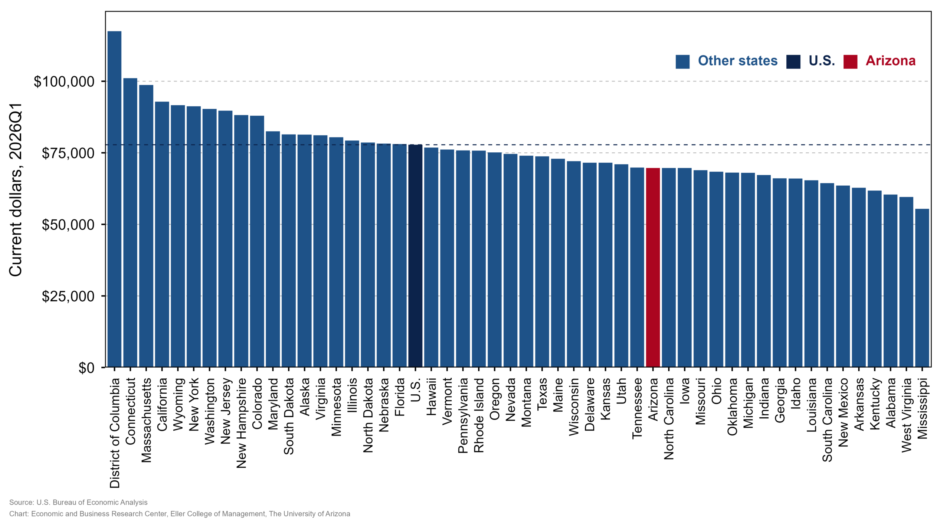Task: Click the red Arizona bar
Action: tap(653, 267)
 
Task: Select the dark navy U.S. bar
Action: tap(415, 256)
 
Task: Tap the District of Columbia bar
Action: tap(114, 199)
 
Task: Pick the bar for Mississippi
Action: tap(922, 288)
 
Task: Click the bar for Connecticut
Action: tap(130, 222)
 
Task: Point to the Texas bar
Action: tap(542, 262)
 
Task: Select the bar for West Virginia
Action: tap(906, 282)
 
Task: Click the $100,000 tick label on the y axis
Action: tap(64, 82)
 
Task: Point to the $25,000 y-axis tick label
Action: tap(68, 296)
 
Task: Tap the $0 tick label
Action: tap(86, 368)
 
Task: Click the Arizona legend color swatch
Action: tap(850, 62)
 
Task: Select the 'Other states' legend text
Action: tap(738, 61)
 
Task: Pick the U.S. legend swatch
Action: tap(793, 62)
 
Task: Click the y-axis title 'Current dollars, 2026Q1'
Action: tap(16, 190)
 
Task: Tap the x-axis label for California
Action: tap(162, 404)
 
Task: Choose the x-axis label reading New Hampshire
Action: tap(241, 423)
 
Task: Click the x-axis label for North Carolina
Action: tap(669, 419)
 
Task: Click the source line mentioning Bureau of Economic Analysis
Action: tap(78, 503)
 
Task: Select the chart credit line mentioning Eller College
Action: tap(180, 514)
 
